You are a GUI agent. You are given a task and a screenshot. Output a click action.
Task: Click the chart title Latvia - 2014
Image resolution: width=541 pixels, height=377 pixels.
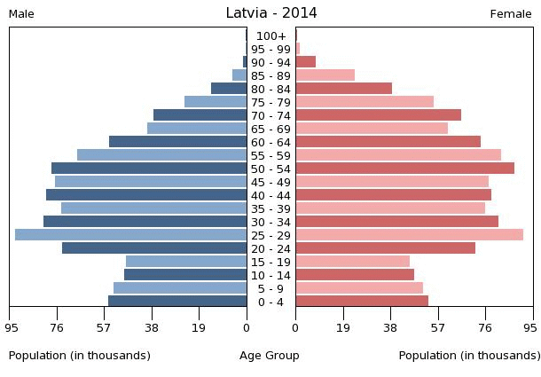pyautogui.click(x=270, y=12)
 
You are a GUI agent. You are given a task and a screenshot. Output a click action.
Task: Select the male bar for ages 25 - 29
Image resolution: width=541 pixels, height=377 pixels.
pyautogui.click(x=130, y=235)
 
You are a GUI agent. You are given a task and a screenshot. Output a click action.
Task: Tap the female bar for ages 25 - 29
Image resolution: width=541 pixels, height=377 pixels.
pyautogui.click(x=409, y=235)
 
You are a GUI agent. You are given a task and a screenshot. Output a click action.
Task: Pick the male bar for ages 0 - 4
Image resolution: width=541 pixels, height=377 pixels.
pyautogui.click(x=177, y=302)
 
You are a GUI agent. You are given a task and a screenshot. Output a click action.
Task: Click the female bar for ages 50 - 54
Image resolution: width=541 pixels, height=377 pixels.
pyautogui.click(x=404, y=169)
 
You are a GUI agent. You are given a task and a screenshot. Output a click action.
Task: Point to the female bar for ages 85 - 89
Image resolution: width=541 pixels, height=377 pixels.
pyautogui.click(x=325, y=75)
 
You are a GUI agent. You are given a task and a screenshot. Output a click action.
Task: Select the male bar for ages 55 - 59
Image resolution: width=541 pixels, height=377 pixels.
pyautogui.click(x=161, y=155)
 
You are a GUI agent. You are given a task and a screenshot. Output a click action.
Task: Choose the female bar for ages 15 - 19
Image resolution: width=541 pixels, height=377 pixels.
pyautogui.click(x=352, y=262)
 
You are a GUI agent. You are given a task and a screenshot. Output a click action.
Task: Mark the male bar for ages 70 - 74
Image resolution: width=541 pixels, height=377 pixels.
pyautogui.click(x=200, y=115)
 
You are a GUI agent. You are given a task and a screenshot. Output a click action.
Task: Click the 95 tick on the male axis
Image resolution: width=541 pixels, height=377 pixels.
pyautogui.click(x=11, y=326)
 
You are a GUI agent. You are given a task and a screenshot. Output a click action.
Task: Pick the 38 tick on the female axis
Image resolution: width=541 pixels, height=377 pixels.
pyautogui.click(x=390, y=326)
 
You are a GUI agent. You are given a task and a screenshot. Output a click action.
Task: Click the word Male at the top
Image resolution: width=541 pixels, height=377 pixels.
pyautogui.click(x=21, y=14)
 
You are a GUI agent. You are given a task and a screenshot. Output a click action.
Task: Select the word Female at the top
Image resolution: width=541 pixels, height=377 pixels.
pyautogui.click(x=511, y=14)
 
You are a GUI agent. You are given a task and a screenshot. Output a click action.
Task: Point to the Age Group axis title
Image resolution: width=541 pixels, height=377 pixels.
pyautogui.click(x=270, y=356)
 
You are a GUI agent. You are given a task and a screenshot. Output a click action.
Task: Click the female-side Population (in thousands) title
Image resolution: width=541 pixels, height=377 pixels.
pyautogui.click(x=469, y=356)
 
